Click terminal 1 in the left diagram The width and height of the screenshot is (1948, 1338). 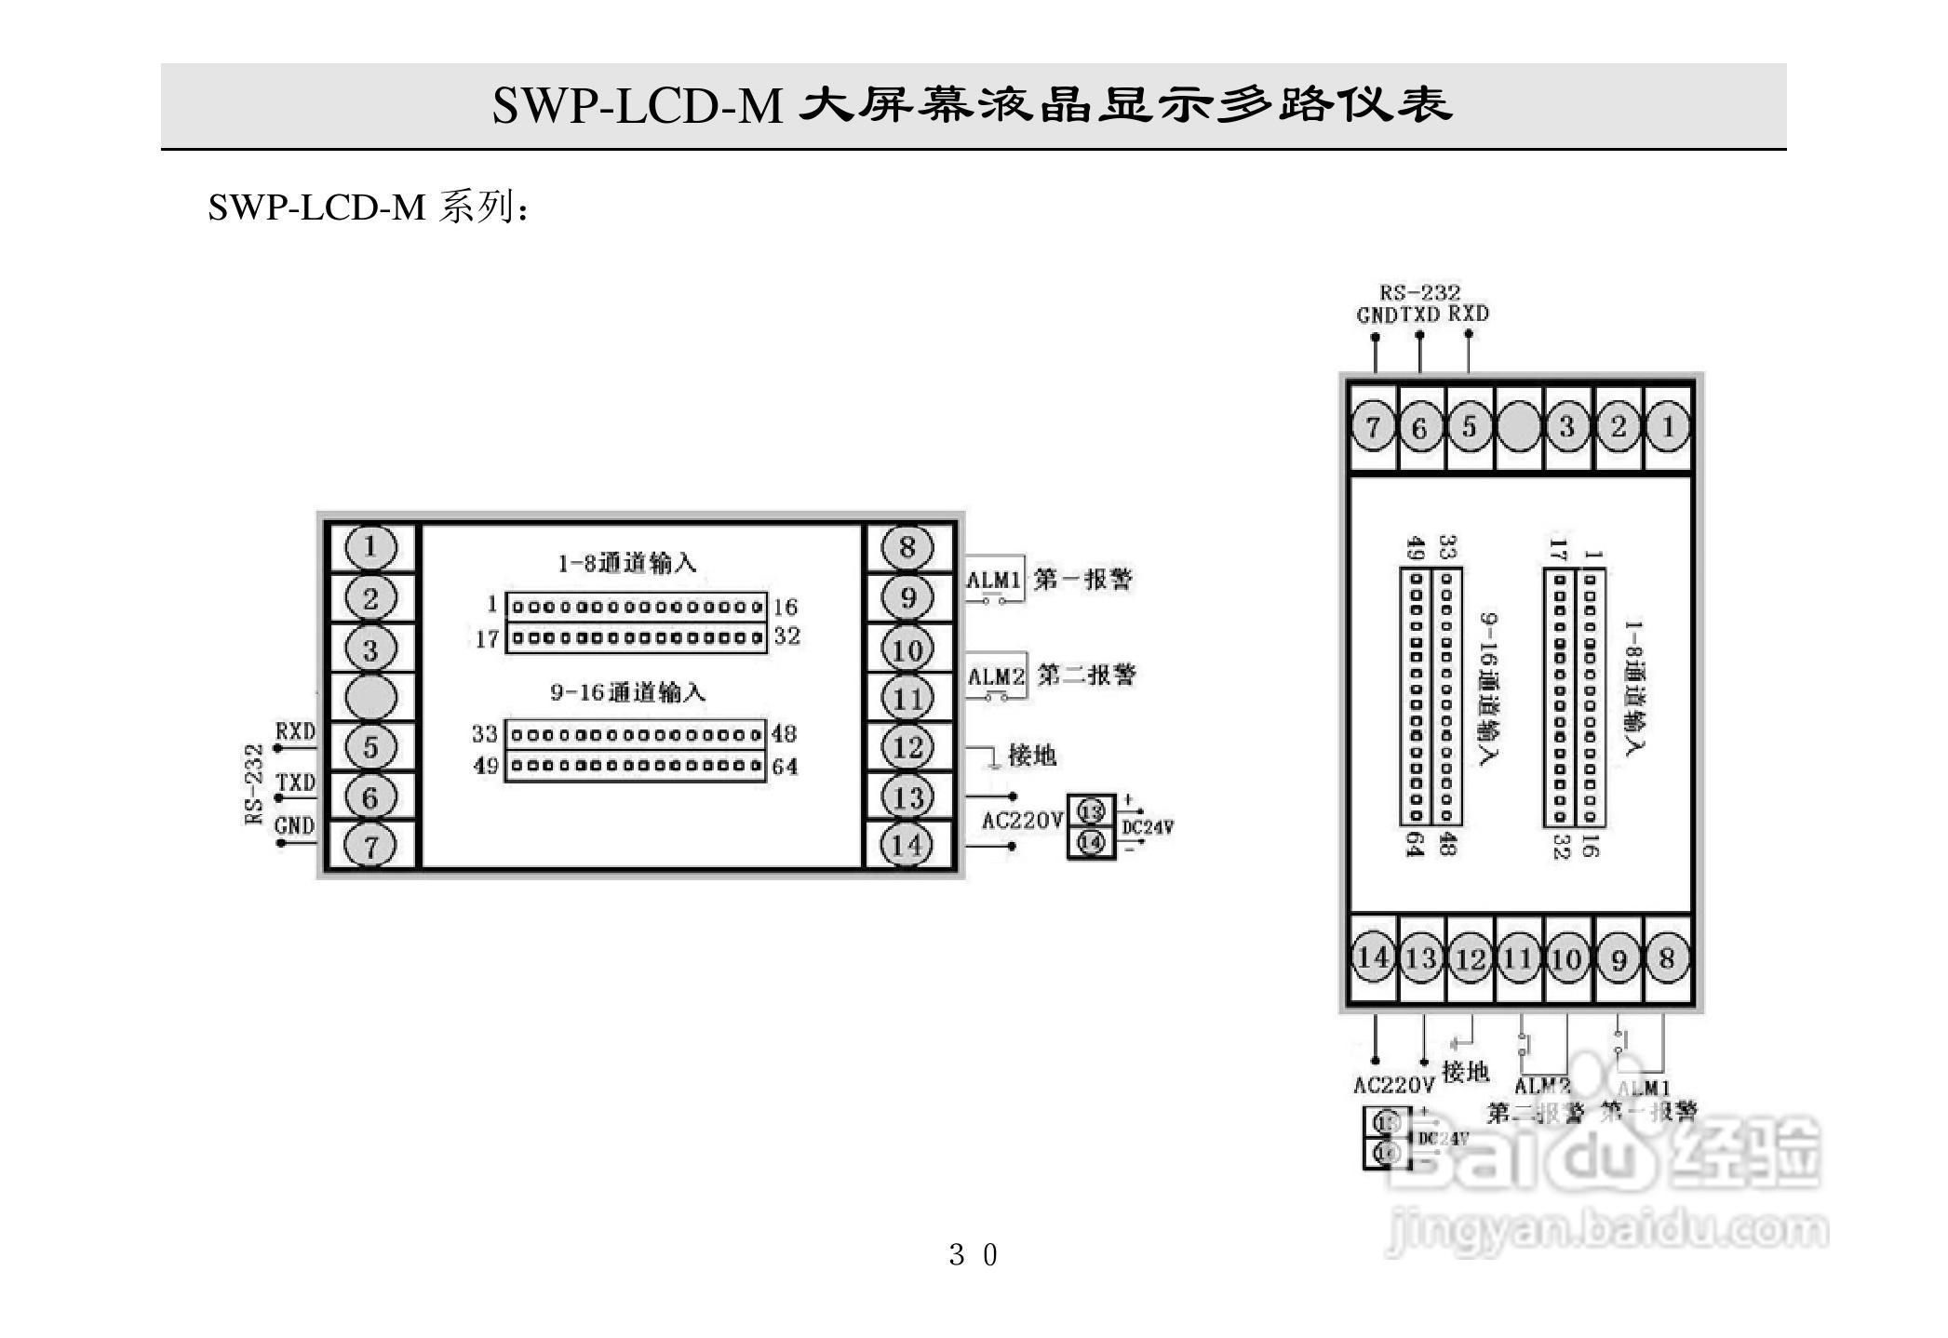(x=370, y=547)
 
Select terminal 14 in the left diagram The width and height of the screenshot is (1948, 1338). (x=907, y=845)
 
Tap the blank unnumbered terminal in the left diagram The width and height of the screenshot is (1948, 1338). (x=370, y=697)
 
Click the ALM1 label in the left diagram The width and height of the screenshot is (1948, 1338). (x=994, y=581)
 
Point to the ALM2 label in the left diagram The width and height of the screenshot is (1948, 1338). (x=996, y=676)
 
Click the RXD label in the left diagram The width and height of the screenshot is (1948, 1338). (x=295, y=731)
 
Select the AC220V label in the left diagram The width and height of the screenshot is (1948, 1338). (x=1022, y=821)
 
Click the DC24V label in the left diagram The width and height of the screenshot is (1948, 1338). (x=1148, y=827)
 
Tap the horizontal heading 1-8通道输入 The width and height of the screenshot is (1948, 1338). (x=626, y=563)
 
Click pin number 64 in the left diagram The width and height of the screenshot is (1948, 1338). (x=785, y=767)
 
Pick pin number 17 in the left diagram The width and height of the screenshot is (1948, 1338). (x=487, y=639)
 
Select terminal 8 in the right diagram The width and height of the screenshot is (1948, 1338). (x=1667, y=959)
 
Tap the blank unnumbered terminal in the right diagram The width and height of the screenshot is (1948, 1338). (x=1518, y=427)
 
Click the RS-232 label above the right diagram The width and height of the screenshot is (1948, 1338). (x=1419, y=293)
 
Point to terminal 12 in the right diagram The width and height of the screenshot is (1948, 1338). (x=1470, y=959)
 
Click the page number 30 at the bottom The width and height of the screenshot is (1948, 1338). (x=973, y=1255)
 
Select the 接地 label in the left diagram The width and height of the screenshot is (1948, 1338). (x=1032, y=756)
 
